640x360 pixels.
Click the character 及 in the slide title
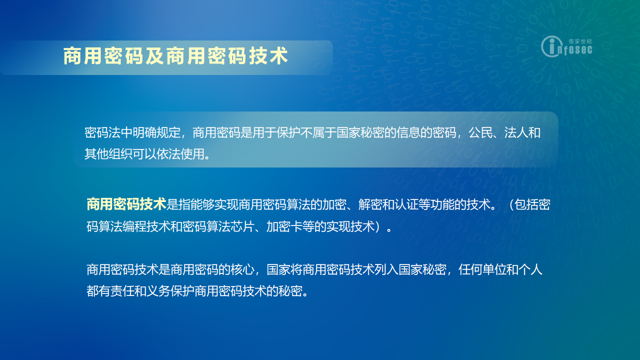[155, 56]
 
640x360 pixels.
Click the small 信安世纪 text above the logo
[580, 41]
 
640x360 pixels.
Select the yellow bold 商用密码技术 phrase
[126, 204]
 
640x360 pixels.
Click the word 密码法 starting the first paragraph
[102, 133]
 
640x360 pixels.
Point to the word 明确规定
[156, 133]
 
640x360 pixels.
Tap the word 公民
[480, 133]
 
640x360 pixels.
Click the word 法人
[516, 133]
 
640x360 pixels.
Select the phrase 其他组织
[108, 154]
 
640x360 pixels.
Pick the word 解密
[370, 204]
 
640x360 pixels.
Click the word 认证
[406, 204]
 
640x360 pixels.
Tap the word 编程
[134, 226]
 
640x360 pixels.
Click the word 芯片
[242, 226]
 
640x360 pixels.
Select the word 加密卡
[284, 226]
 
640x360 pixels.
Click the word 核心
[242, 269]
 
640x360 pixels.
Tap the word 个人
[530, 269]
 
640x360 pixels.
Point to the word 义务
[158, 291]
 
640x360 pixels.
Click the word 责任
[122, 291]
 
